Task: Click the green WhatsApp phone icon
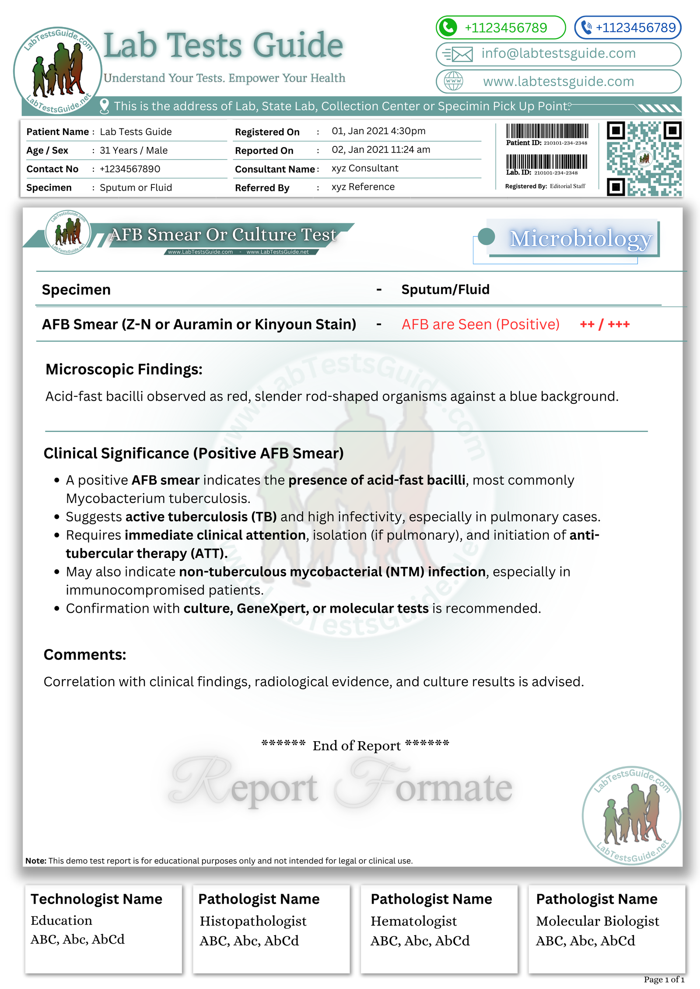click(x=448, y=28)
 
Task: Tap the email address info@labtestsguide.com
click(x=558, y=53)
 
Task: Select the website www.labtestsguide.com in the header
click(x=558, y=81)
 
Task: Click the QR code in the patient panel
click(x=644, y=159)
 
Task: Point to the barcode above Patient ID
click(x=547, y=131)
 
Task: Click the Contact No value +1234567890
click(x=130, y=169)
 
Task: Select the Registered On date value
click(x=378, y=131)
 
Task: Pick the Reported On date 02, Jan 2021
click(x=381, y=150)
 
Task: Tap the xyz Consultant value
click(x=365, y=168)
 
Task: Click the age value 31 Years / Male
click(x=133, y=150)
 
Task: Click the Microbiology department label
click(x=581, y=239)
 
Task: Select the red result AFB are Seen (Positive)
click(x=480, y=324)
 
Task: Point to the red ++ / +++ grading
click(x=605, y=324)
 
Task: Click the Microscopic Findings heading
click(x=124, y=369)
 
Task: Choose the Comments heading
click(x=85, y=655)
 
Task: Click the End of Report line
click(x=355, y=745)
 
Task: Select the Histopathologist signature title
click(x=253, y=921)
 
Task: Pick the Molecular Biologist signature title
click(x=597, y=921)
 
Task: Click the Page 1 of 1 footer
click(x=664, y=979)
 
